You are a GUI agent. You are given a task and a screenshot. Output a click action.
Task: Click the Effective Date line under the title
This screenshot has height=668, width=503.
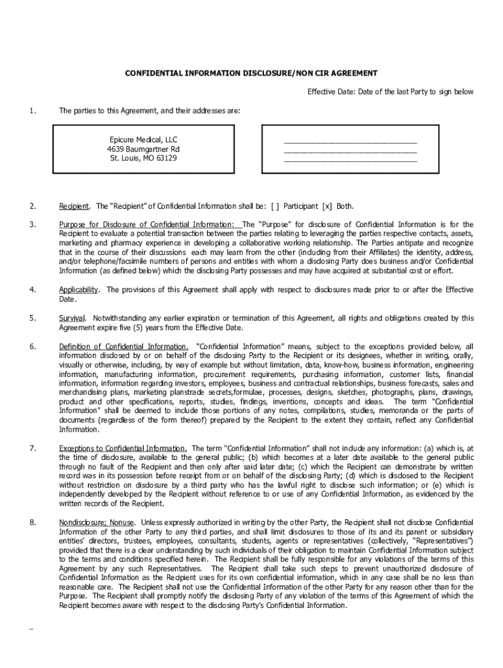391,92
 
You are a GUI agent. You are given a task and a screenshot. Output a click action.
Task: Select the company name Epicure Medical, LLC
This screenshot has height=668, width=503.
144,140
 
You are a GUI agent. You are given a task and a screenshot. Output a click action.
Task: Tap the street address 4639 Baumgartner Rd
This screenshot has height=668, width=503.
144,149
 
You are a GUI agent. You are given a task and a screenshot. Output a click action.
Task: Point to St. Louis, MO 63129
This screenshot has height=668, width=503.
144,159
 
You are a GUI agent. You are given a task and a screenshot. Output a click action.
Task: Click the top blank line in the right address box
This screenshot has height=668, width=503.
349,141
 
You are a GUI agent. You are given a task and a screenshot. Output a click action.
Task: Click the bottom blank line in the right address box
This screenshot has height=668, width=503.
349,159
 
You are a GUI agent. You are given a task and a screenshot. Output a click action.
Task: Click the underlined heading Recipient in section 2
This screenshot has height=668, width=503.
74,206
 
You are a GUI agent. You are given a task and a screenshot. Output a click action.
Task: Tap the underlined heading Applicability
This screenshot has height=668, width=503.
79,289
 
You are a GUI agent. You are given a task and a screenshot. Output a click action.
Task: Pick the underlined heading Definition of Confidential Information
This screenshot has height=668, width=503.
123,346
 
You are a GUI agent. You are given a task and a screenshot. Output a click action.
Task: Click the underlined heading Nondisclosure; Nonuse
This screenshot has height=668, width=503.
97,523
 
